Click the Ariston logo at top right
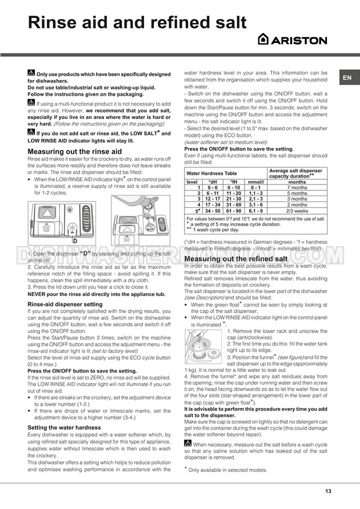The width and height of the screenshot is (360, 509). [x=292, y=40]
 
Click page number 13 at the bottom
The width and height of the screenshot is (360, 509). [x=328, y=491]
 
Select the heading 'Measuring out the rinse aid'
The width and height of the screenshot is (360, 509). [x=75, y=151]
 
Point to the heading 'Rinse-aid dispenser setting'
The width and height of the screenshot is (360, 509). [x=65, y=304]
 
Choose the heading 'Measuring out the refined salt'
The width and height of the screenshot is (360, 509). [x=235, y=258]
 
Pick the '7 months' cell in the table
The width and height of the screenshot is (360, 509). [x=297, y=187]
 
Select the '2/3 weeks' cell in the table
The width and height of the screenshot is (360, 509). [x=297, y=210]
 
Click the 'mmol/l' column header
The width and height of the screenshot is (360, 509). [x=255, y=182]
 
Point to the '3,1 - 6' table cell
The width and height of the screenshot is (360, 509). [x=255, y=204]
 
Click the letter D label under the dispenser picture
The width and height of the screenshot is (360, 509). [x=74, y=240]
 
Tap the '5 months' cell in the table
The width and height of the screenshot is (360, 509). [x=297, y=193]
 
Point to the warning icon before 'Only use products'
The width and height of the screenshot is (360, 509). [x=31, y=74]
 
